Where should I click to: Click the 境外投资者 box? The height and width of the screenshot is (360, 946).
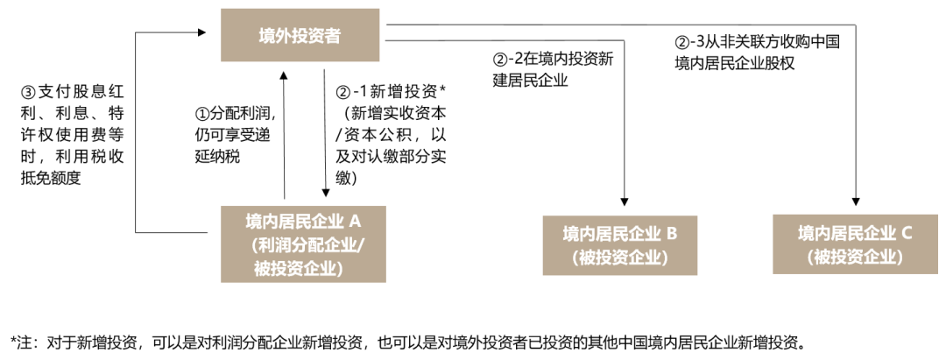tap(300, 35)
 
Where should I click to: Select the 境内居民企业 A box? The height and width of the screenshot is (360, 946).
tap(303, 244)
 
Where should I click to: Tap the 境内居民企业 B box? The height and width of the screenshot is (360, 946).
tap(619, 245)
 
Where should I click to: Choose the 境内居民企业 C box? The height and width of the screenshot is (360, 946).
tap(856, 244)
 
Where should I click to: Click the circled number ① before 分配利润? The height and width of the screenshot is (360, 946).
tap(201, 113)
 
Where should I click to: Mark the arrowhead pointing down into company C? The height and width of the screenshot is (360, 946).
tap(856, 201)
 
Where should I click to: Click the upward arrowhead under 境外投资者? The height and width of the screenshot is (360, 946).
tap(284, 76)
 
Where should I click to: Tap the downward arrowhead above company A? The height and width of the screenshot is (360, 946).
tap(326, 193)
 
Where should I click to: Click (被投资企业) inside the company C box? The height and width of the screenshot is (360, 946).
tap(856, 257)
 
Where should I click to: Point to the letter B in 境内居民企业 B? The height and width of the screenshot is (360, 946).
tap(672, 233)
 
